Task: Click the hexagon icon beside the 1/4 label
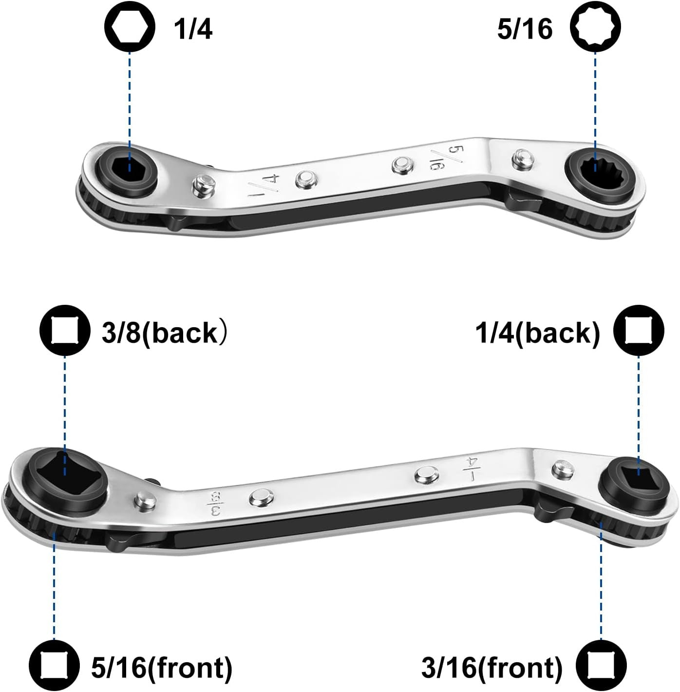pos(130,26)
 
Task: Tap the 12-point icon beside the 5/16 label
pos(595,26)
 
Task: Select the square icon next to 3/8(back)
pos(65,330)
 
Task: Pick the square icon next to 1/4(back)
pos(639,330)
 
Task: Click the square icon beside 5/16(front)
pos(54,665)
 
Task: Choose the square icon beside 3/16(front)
pos(601,665)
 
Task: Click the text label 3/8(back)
pos(164,333)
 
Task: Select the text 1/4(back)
pos(538,333)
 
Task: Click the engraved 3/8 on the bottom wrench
pos(213,504)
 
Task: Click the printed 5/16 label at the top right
pos(525,29)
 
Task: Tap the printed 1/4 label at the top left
pos(193,29)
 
